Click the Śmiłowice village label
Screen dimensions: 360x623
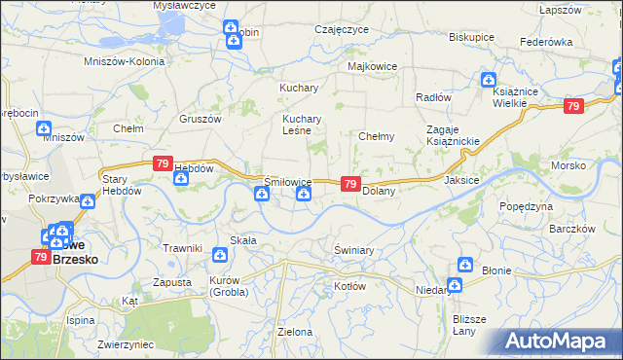click(288, 182)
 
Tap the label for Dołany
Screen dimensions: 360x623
click(378, 192)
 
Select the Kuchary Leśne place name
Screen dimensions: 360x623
click(302, 126)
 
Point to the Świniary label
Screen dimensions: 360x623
click(353, 250)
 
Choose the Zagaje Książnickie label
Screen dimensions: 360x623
click(453, 136)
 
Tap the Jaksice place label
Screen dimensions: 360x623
click(461, 180)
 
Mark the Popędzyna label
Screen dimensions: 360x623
click(526, 206)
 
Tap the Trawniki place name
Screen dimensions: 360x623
click(182, 248)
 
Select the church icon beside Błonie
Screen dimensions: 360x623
click(465, 267)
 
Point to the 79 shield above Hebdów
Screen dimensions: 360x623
click(164, 165)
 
